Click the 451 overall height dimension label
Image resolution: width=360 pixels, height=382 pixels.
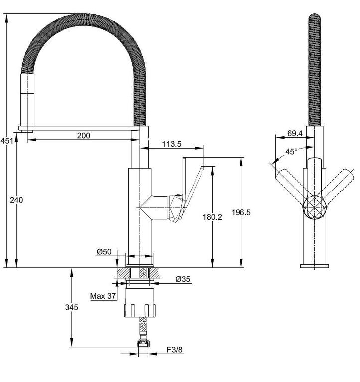pos(7,141)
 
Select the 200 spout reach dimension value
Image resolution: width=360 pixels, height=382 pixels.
pos(84,135)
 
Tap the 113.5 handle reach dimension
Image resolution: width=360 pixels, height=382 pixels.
pos(172,144)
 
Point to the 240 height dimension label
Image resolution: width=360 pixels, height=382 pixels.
pos(16,200)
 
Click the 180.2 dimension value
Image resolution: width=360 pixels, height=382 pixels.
pos(212,217)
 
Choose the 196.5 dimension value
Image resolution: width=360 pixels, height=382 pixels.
pos(241,212)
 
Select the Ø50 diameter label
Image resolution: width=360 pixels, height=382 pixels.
pos(104,251)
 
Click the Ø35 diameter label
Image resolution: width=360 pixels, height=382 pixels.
pos(183,279)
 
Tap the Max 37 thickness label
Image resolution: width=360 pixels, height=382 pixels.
pos(103,296)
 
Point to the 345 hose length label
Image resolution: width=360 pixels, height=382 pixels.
pos(72,307)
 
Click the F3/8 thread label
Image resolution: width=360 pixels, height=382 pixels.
pos(175,350)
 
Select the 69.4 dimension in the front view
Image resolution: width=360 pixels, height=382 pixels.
pos(295,133)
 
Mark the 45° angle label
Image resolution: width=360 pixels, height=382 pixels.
pos(291,152)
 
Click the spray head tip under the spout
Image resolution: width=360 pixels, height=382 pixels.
pos(26,131)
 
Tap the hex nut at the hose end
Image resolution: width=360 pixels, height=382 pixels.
pos(143,344)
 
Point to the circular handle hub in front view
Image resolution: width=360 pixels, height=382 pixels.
pos(314,208)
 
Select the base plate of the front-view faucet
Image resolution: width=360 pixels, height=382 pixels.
pos(314,266)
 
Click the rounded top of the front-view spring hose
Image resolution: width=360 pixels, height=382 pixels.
pos(315,17)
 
